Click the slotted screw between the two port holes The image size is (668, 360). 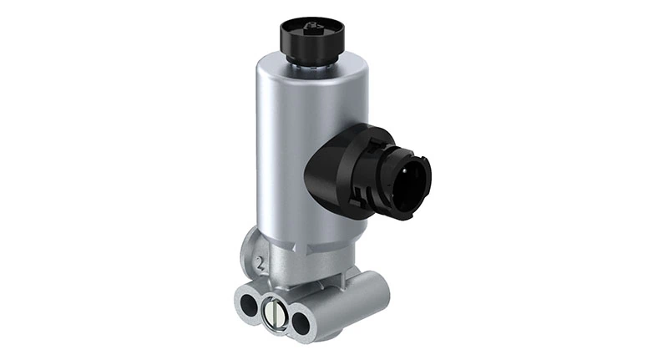point(271,312)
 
